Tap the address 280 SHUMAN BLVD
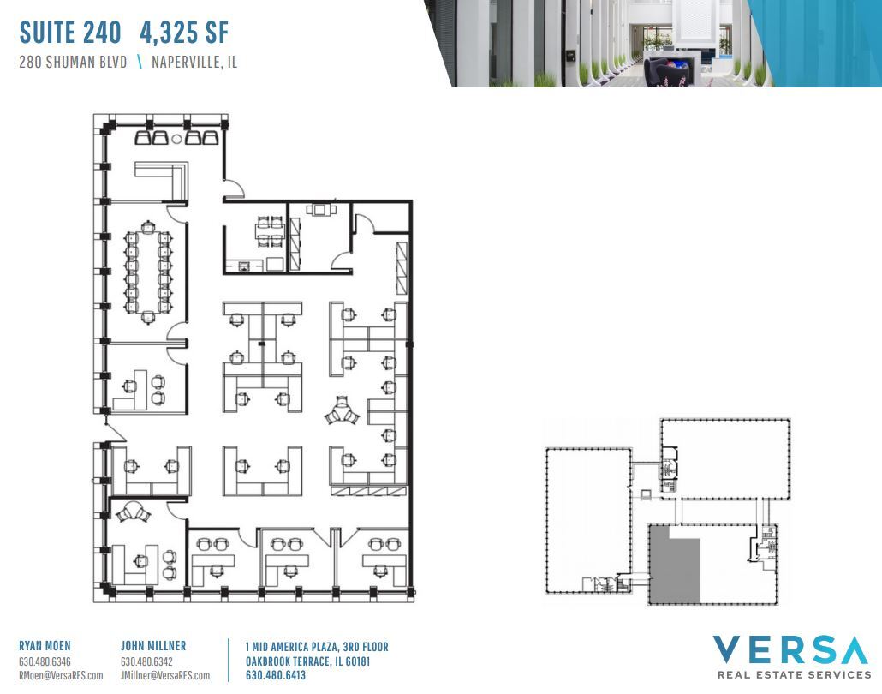pyautogui.click(x=73, y=63)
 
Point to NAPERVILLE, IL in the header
pyautogui.click(x=194, y=63)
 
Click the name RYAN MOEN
pyautogui.click(x=45, y=646)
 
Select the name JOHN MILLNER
pyautogui.click(x=153, y=646)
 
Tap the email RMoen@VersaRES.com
pyautogui.click(x=61, y=675)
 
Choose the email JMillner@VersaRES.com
pyautogui.click(x=165, y=675)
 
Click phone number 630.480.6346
pyautogui.click(x=45, y=661)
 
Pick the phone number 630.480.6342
pyautogui.click(x=146, y=661)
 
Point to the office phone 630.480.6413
pyautogui.click(x=275, y=675)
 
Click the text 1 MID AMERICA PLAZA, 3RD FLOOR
pyautogui.click(x=316, y=647)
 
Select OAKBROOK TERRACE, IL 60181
pyautogui.click(x=307, y=661)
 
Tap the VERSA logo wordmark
pyautogui.click(x=790, y=650)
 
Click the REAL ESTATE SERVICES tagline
pyautogui.click(x=794, y=675)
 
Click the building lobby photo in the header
pyautogui.click(x=651, y=43)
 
